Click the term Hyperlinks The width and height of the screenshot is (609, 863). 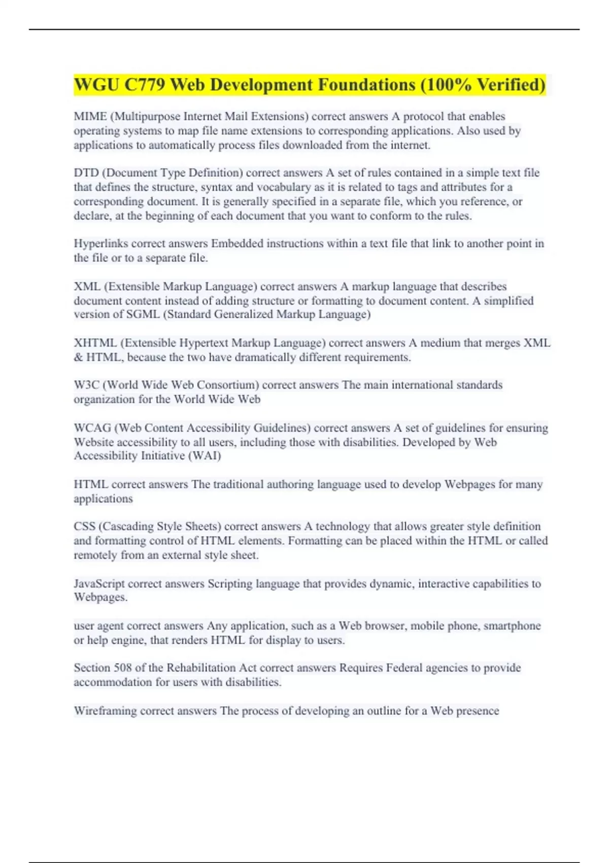coord(101,244)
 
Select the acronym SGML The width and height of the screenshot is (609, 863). coord(143,314)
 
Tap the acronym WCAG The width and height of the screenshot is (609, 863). coord(92,428)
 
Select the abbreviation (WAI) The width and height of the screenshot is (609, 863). coord(205,456)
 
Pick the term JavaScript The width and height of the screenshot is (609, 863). coord(99,584)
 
